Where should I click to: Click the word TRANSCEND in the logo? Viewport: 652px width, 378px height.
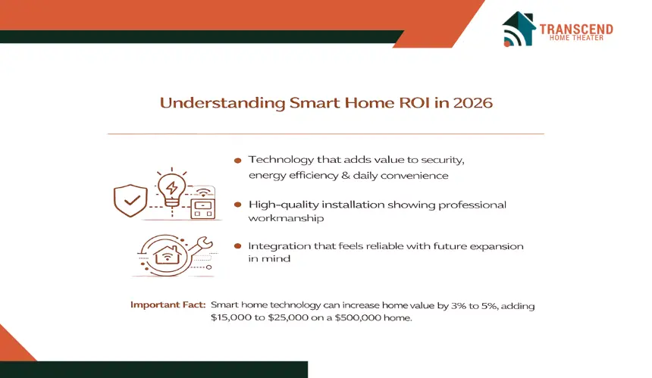tap(576, 29)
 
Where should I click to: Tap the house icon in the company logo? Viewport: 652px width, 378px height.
tap(519, 28)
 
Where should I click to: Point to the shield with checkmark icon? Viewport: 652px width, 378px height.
tap(130, 201)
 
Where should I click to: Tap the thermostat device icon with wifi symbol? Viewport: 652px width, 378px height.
tap(203, 203)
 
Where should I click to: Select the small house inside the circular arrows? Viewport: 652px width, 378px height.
tap(167, 255)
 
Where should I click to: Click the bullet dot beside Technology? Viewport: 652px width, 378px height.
tap(238, 161)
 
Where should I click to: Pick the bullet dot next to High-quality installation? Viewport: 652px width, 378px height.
tap(238, 205)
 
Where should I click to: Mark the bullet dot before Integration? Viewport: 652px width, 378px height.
tap(238, 246)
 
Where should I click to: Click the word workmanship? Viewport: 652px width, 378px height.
tap(286, 218)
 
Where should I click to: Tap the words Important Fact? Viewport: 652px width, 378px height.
tap(168, 305)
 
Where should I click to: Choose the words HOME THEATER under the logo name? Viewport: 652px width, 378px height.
tap(576, 38)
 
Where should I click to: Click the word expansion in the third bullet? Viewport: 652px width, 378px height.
tap(497, 246)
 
